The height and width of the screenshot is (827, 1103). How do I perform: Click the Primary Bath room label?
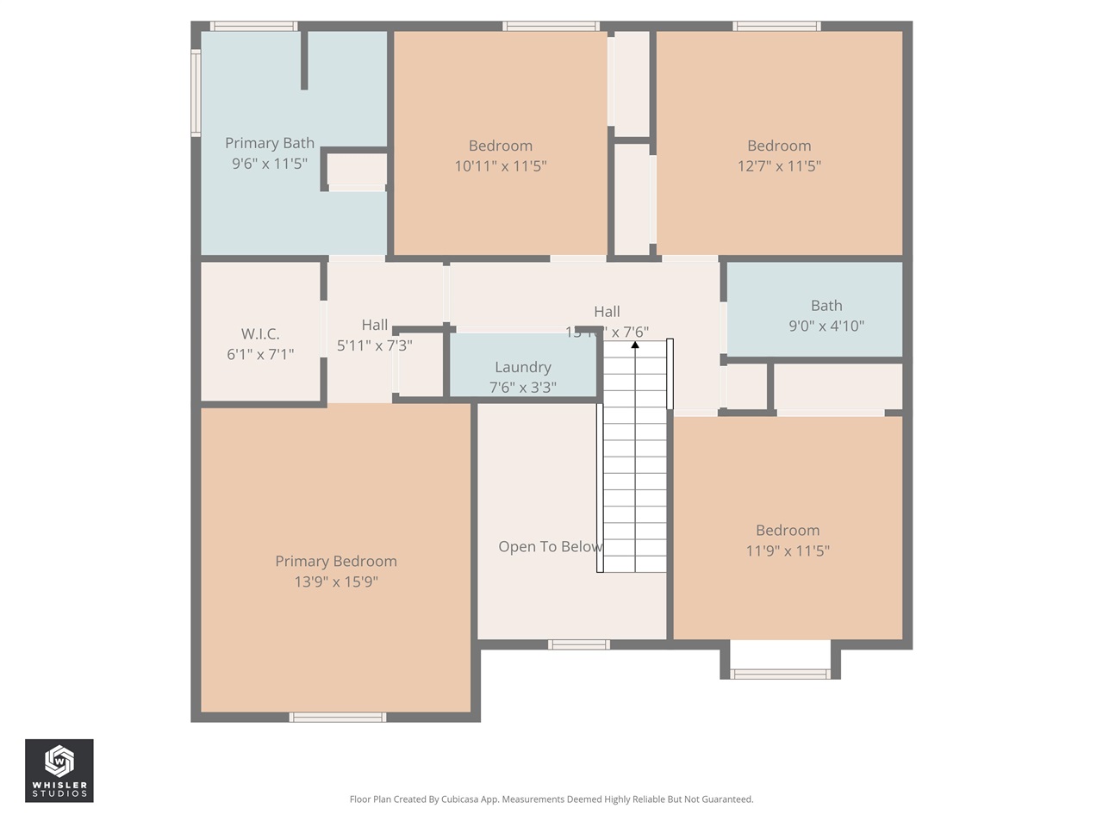(269, 143)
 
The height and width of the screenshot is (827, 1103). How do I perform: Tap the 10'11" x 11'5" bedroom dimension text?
(501, 166)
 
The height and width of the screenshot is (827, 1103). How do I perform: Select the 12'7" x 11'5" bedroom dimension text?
(779, 166)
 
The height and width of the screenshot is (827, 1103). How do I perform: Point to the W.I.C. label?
(260, 334)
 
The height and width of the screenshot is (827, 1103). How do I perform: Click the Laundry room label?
(522, 367)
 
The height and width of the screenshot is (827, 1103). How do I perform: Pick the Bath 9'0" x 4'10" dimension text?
(826, 326)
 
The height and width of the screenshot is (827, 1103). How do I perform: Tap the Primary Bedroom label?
(336, 561)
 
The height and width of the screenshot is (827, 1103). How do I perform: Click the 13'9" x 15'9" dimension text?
(336, 582)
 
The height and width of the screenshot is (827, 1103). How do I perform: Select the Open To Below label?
(550, 547)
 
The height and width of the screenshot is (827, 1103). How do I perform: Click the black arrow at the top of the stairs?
(635, 345)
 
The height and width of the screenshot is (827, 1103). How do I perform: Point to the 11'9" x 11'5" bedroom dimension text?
(788, 551)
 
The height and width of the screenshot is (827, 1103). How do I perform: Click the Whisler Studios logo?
(59, 770)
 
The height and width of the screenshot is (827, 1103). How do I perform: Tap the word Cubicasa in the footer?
(460, 799)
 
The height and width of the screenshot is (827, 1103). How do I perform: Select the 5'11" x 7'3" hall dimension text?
(374, 346)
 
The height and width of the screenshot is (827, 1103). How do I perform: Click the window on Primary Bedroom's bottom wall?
(337, 717)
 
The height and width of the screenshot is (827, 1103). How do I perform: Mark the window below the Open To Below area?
(579, 644)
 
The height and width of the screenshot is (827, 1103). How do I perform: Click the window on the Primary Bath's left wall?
(196, 93)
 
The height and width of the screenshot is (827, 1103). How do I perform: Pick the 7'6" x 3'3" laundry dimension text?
(522, 388)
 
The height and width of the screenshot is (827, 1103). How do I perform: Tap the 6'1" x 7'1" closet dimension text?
(260, 355)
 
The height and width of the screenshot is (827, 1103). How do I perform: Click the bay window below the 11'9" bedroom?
(780, 674)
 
